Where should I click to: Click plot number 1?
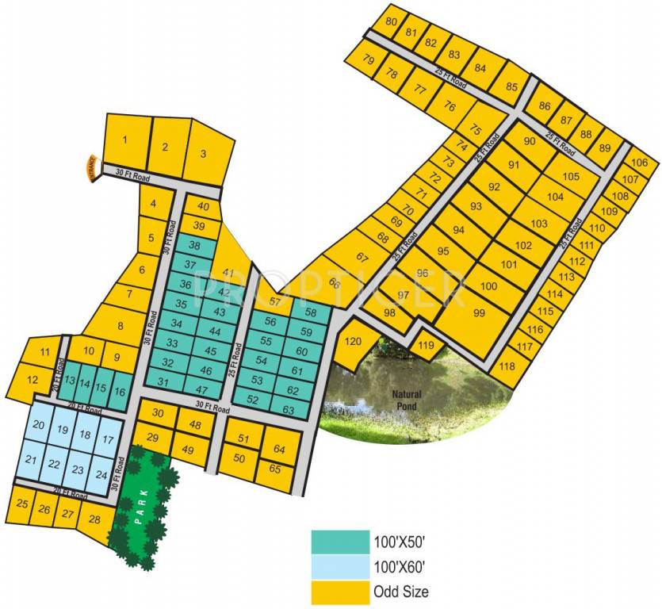click(x=124, y=141)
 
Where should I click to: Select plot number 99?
click(x=479, y=313)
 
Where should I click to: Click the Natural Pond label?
click(x=409, y=399)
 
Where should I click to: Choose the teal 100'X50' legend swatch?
click(x=340, y=543)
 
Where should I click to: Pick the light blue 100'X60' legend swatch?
click(x=340, y=567)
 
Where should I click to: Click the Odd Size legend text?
click(x=400, y=592)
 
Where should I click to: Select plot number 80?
click(x=391, y=21)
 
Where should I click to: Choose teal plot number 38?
click(x=194, y=246)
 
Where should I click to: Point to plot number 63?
click(x=288, y=410)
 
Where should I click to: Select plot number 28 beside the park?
click(x=94, y=519)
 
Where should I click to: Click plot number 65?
click(x=275, y=469)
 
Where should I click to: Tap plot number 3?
click(x=203, y=154)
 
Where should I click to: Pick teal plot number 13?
click(x=70, y=381)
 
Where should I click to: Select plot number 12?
click(x=32, y=380)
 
